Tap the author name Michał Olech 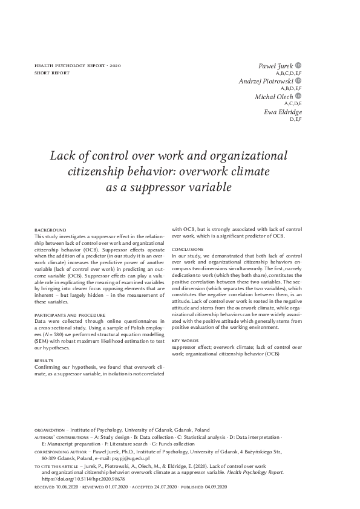[274, 97]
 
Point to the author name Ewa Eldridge [283, 112]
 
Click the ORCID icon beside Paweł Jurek [298, 64]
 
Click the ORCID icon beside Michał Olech [298, 96]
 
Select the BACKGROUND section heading [50, 230]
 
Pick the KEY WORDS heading [185, 341]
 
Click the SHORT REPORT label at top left [52, 73]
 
